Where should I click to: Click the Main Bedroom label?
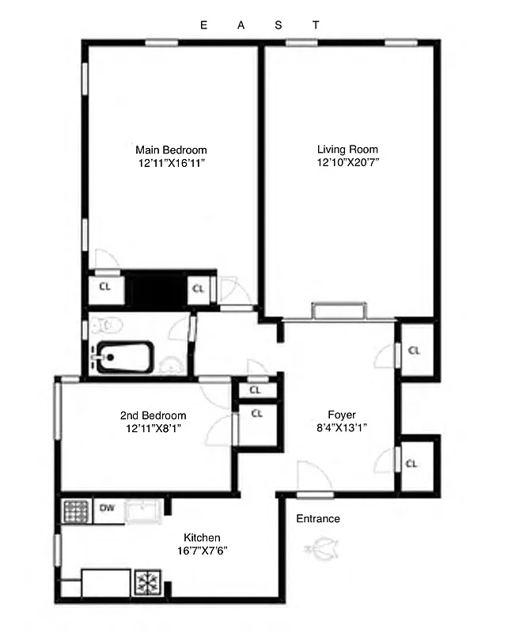[x=171, y=150]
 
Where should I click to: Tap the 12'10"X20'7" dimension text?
[x=347, y=163]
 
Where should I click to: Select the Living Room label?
[x=347, y=149]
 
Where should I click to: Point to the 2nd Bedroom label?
[x=153, y=415]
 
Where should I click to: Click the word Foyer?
[x=342, y=415]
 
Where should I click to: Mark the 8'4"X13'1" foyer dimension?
[x=342, y=428]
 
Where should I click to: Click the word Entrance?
[x=318, y=519]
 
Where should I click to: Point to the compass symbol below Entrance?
[x=322, y=547]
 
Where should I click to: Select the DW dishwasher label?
[x=107, y=509]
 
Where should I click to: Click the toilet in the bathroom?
[x=105, y=324]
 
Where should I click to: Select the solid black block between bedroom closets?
[x=158, y=290]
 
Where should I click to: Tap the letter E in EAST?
[x=203, y=25]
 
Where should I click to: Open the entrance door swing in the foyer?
[x=313, y=478]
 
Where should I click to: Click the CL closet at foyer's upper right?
[x=414, y=350]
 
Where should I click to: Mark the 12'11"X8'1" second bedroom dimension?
[x=153, y=429]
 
